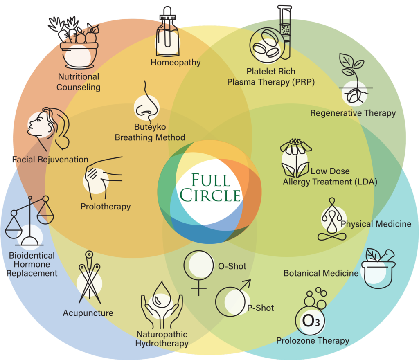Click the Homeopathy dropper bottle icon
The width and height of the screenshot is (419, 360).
click(x=167, y=32)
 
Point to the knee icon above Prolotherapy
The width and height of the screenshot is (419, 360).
click(x=103, y=178)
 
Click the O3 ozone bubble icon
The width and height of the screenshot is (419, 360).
click(x=311, y=311)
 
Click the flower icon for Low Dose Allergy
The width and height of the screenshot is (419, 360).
click(x=296, y=158)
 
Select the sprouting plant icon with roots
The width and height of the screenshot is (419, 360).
click(x=354, y=79)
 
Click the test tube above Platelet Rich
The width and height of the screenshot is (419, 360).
click(x=285, y=32)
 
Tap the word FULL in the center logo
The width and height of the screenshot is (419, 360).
click(x=211, y=180)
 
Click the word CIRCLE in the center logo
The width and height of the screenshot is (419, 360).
click(x=210, y=195)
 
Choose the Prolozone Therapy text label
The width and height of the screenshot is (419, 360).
click(x=313, y=341)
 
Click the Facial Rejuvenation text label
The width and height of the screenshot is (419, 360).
click(x=50, y=160)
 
